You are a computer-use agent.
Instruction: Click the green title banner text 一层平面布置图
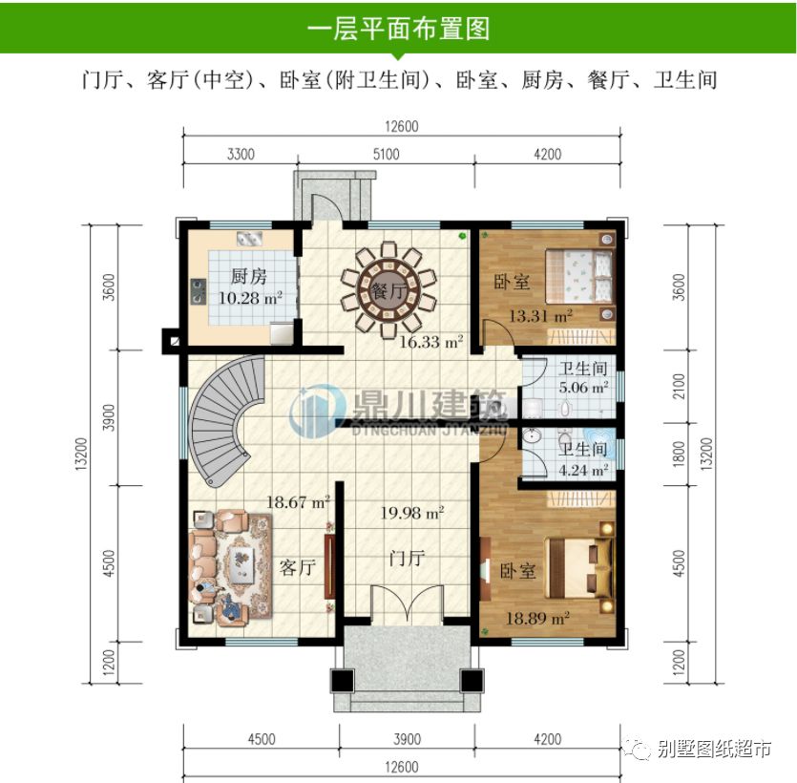pos(398,29)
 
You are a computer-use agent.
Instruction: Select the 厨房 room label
pos(247,278)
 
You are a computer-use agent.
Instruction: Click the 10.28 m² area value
pos(250,298)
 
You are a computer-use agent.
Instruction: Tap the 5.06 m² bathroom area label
pos(584,388)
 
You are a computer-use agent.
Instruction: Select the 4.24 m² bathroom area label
pos(584,470)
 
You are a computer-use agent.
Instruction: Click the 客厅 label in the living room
pos(297,568)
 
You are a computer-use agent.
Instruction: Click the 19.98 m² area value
pos(412,514)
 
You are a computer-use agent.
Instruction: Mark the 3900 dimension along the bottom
pos(406,739)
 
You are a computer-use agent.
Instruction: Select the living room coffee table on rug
pos(233,568)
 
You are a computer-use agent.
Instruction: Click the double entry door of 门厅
pos(407,605)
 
